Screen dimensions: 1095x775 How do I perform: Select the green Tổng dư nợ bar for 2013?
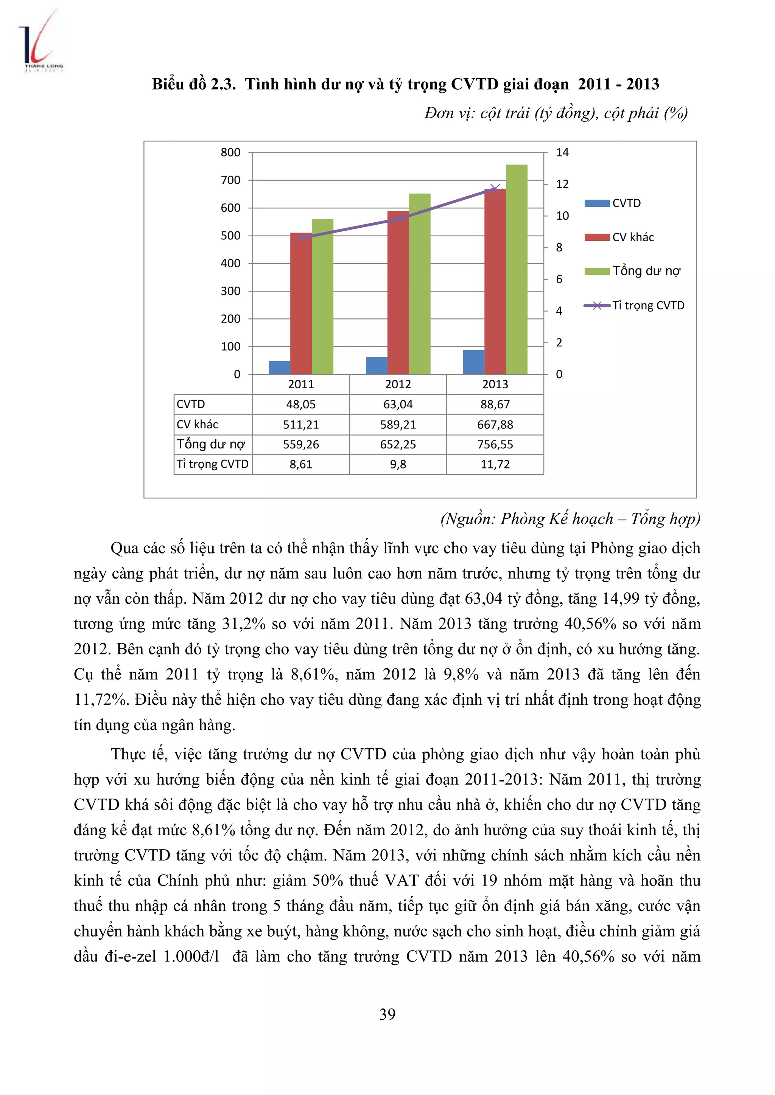(x=516, y=270)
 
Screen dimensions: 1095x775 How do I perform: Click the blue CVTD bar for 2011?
(x=279, y=367)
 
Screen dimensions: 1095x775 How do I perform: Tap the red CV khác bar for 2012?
(x=398, y=292)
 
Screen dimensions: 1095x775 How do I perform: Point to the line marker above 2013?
(x=495, y=188)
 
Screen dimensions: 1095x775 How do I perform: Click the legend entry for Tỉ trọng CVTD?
(x=635, y=305)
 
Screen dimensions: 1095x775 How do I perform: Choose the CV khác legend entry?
(x=620, y=237)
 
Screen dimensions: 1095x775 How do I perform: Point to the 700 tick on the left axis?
(x=230, y=180)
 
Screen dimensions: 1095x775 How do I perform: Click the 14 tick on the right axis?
(x=562, y=153)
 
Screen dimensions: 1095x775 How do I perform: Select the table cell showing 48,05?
(x=300, y=405)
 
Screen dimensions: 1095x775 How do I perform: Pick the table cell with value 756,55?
(x=495, y=445)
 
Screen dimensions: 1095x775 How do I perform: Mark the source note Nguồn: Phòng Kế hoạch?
(x=570, y=518)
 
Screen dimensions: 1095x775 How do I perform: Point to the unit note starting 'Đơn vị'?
(x=556, y=113)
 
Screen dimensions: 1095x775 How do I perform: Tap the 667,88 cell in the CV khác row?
(x=495, y=425)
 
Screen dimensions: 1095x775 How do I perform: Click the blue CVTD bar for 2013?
(x=473, y=362)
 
